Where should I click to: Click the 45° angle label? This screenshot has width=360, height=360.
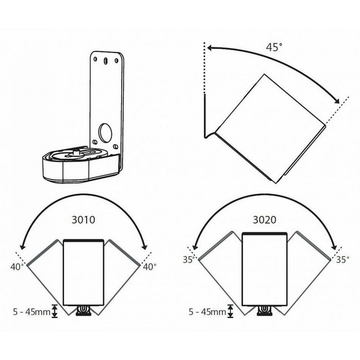coord(274,47)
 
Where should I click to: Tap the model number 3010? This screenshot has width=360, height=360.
coord(83,220)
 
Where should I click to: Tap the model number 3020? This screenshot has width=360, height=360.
coord(265,220)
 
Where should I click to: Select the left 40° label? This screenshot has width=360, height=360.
coord(17,267)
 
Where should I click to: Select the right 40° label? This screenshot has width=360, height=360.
coord(149,267)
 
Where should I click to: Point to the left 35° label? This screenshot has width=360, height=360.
coord(189,260)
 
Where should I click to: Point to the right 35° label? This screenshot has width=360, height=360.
coord(343,260)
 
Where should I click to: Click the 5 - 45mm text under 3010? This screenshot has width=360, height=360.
coord(31,312)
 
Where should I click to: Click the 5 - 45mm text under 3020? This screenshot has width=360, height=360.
coord(207,312)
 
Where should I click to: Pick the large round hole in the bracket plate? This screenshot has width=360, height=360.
coord(105,133)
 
